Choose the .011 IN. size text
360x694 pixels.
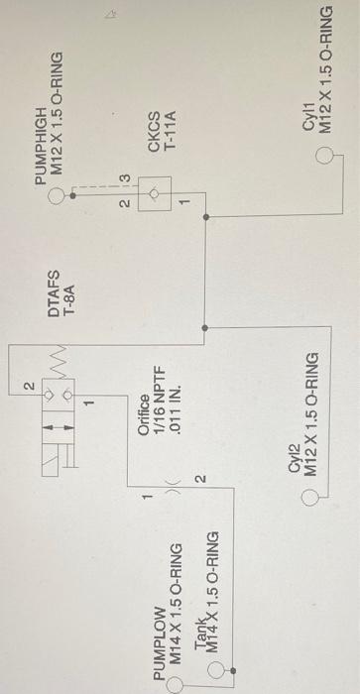171,408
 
